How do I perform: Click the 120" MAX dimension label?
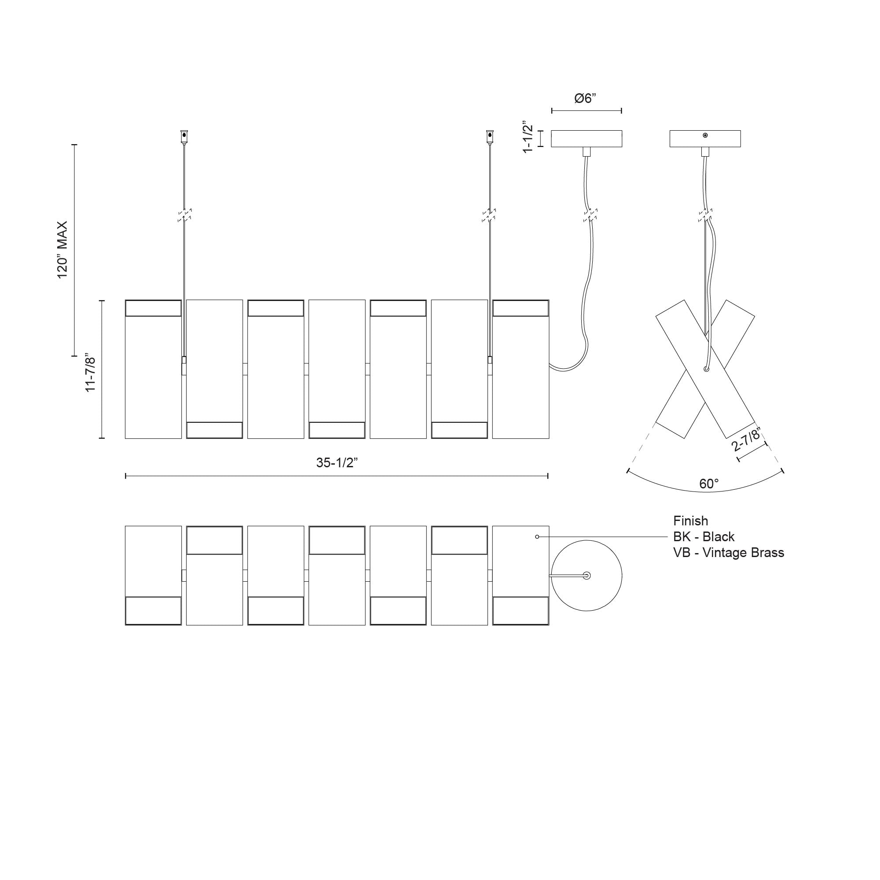coord(62,249)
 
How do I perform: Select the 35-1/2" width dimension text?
coord(337,462)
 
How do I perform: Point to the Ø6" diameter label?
coord(585,99)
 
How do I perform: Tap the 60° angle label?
coord(709,484)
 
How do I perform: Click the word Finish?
coord(690,521)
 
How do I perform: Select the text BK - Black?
coord(704,536)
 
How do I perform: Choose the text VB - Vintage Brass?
coord(728,553)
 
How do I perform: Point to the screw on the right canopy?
coord(705,135)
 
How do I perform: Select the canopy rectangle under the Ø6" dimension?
coord(586,139)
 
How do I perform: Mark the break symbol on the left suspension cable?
coord(184,215)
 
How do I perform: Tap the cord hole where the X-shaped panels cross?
coord(706,369)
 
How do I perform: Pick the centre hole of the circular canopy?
coord(587,575)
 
